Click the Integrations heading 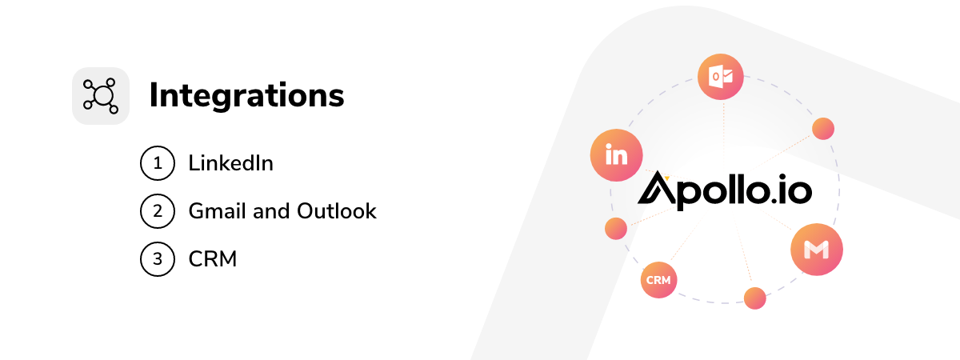[x=247, y=95]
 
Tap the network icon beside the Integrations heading [x=101, y=96]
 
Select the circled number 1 [x=158, y=163]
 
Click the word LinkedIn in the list [x=230, y=163]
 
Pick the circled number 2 [x=158, y=211]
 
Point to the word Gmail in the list [x=218, y=211]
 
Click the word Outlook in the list [x=337, y=211]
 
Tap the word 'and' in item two [x=272, y=211]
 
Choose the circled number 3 [x=158, y=259]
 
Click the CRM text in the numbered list [x=213, y=259]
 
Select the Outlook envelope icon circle [x=721, y=77]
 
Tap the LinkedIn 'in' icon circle [x=616, y=155]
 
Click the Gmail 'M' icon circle [x=817, y=250]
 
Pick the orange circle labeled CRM [x=658, y=280]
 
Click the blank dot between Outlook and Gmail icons [x=823, y=129]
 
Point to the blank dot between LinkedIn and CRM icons [x=616, y=229]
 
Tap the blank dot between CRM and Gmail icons [x=754, y=298]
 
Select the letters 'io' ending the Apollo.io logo [x=796, y=189]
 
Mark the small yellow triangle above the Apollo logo [x=667, y=178]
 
